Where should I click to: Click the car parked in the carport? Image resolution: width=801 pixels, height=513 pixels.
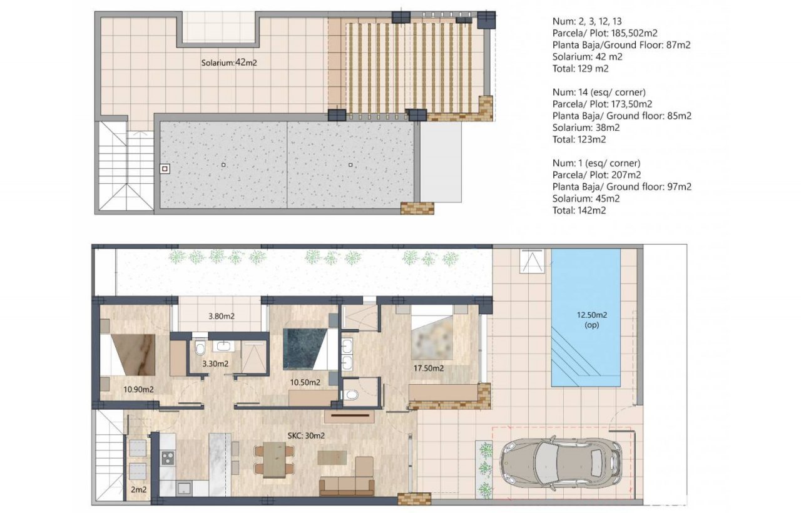(x=561, y=463)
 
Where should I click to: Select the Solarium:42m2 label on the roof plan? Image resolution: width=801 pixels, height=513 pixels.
(x=229, y=63)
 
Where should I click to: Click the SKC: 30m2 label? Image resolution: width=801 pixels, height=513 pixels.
(x=306, y=435)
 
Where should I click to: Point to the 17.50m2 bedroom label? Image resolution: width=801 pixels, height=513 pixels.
(x=429, y=368)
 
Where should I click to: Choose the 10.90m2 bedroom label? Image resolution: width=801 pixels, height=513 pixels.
(x=138, y=389)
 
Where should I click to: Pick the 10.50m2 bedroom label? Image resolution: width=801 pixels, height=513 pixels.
(x=305, y=382)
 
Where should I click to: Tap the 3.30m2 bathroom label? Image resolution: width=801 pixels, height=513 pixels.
(x=215, y=364)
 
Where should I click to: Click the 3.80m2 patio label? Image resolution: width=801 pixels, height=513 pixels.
(x=222, y=316)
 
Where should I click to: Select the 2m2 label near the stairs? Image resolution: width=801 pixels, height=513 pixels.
(x=139, y=489)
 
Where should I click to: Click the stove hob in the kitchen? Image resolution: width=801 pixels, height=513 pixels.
(x=168, y=459)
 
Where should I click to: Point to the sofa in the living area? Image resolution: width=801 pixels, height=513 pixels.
(x=347, y=477)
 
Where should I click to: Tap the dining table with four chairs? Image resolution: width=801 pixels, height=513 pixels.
(x=274, y=460)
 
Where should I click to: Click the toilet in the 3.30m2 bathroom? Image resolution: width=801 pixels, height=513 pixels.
(x=200, y=347)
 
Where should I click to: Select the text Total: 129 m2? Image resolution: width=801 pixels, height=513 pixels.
(x=580, y=69)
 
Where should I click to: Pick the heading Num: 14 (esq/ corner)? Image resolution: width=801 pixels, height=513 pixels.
(x=599, y=92)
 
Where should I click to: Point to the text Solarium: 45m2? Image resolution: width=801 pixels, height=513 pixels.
(x=586, y=198)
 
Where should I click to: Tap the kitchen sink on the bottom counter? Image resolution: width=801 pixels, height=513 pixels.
(x=184, y=489)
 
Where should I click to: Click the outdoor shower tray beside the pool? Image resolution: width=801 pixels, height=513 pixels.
(x=532, y=262)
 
